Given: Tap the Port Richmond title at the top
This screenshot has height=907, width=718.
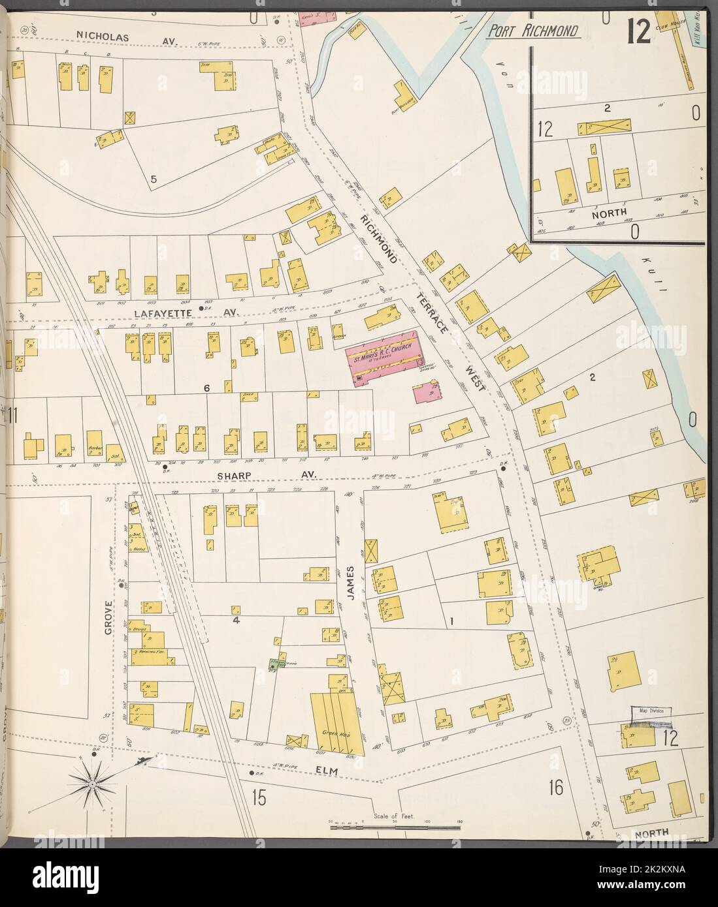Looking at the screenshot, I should (534, 32).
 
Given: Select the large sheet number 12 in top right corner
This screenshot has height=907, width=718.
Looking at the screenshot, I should (638, 31).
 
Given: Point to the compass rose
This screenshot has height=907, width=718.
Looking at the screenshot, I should (93, 782).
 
